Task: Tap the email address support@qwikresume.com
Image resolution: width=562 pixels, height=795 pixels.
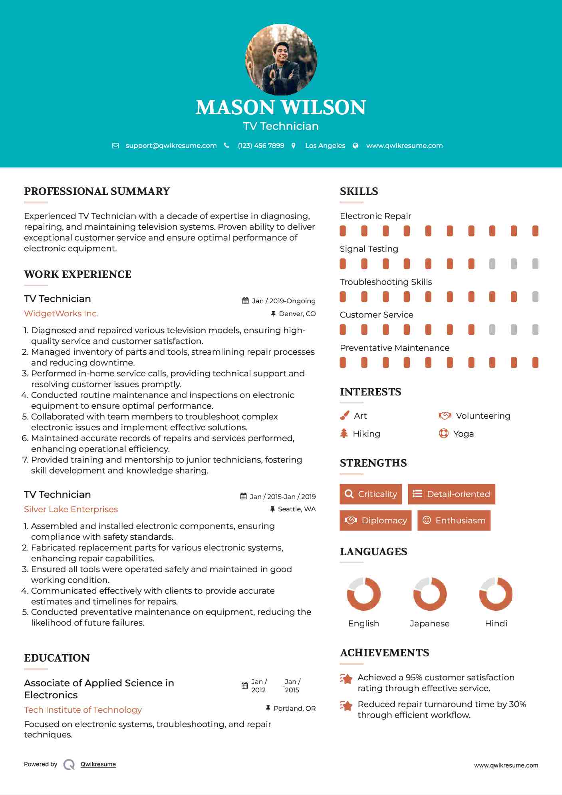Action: [171, 145]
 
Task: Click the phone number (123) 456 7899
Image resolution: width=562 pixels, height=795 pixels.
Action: [261, 145]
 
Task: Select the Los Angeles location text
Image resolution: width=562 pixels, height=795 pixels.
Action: [325, 145]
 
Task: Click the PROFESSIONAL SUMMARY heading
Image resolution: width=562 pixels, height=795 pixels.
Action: [97, 191]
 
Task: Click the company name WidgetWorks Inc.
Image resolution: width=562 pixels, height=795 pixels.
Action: [61, 314]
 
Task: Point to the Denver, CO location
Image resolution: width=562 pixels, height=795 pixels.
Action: [297, 314]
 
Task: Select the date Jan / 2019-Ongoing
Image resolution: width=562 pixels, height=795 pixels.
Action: [283, 301]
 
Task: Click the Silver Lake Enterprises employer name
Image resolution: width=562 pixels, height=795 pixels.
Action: [71, 509]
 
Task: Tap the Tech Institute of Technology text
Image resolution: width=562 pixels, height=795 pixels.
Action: [83, 710]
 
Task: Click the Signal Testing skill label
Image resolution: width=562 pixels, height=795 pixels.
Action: [369, 249]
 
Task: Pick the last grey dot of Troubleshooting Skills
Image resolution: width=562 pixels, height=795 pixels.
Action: [535, 296]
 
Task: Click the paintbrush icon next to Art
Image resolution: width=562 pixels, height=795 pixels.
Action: [344, 416]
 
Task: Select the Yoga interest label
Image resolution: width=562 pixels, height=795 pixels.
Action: [463, 434]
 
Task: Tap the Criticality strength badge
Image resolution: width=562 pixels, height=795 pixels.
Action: [371, 494]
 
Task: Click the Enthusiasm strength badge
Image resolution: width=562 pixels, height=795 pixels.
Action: [454, 521]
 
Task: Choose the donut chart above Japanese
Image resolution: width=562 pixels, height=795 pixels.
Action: [430, 594]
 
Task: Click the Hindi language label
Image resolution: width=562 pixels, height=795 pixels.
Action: [496, 624]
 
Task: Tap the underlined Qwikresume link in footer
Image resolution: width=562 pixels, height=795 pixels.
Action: [98, 764]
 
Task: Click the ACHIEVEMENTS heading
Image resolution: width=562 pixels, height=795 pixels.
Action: [384, 653]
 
